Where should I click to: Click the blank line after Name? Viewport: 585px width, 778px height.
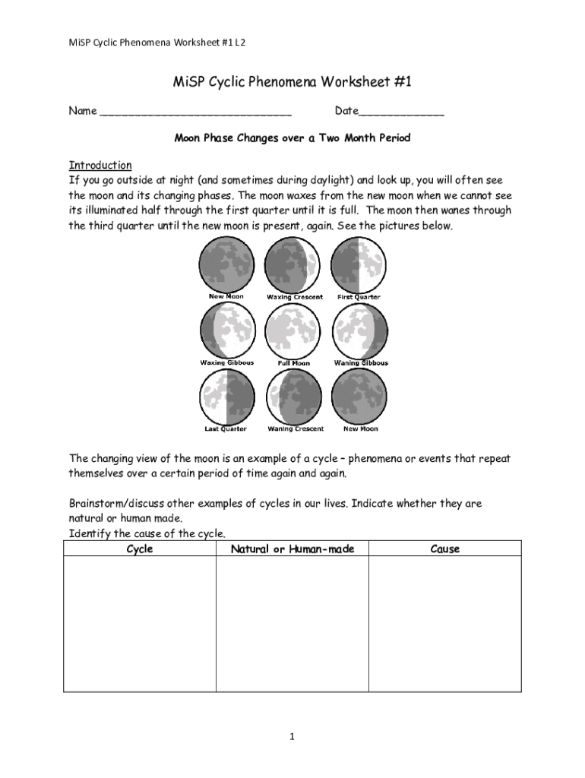click(x=195, y=112)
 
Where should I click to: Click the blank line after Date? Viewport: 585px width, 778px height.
click(x=401, y=112)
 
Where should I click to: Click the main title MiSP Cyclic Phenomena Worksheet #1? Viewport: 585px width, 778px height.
click(x=292, y=82)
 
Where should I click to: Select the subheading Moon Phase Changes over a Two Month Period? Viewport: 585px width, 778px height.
click(x=292, y=138)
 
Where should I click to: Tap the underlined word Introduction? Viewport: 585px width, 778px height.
click(x=100, y=165)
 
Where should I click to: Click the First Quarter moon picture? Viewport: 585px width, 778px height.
click(x=359, y=264)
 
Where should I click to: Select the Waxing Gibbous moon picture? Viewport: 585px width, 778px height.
click(x=227, y=330)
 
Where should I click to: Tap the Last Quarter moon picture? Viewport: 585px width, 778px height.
click(x=226, y=397)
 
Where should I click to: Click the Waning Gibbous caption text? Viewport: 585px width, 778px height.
click(x=361, y=363)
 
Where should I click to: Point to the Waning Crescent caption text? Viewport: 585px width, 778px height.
click(x=296, y=429)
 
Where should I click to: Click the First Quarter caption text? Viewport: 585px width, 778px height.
click(x=359, y=297)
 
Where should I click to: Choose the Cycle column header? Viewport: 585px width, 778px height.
click(x=139, y=549)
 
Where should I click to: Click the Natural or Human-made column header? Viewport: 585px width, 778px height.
click(x=292, y=549)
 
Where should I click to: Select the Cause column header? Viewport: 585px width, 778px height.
click(x=444, y=549)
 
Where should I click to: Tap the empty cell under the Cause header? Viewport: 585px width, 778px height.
click(x=444, y=623)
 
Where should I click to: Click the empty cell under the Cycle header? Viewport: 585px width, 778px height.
click(x=139, y=623)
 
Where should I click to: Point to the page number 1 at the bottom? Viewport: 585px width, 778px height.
click(x=292, y=736)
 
